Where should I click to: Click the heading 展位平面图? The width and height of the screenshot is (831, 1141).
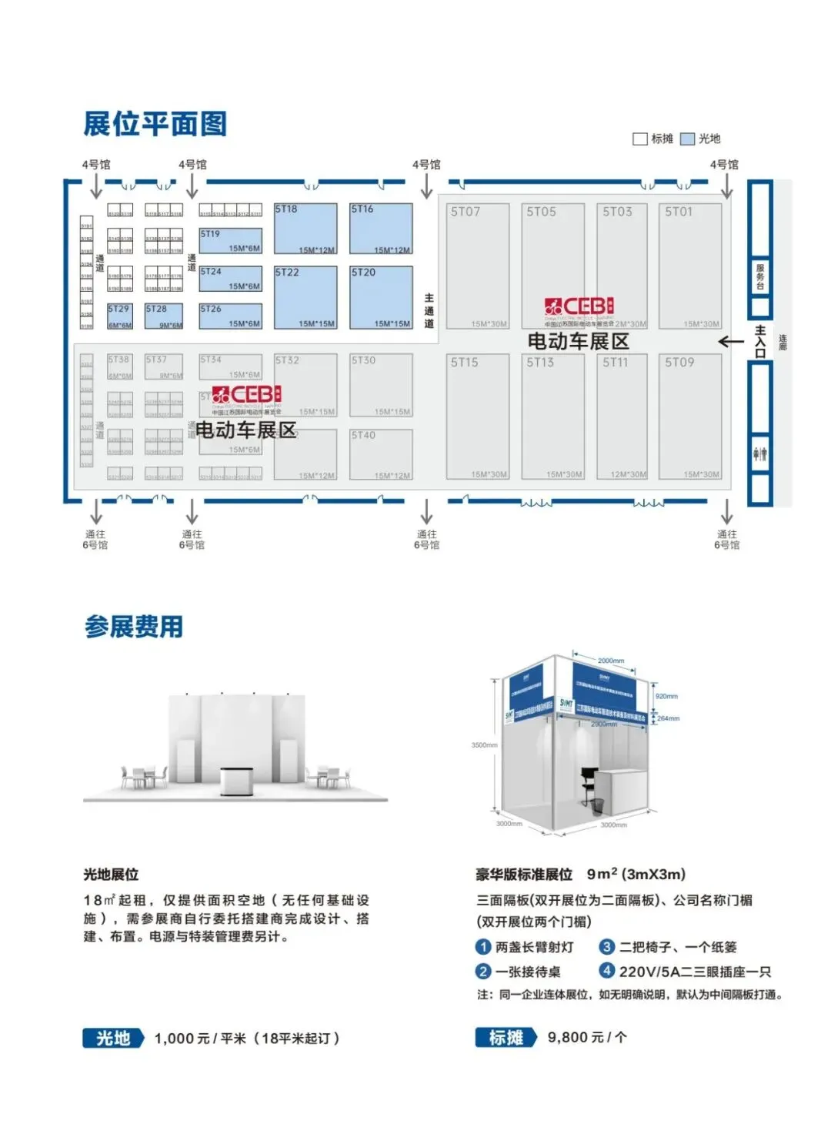(x=155, y=124)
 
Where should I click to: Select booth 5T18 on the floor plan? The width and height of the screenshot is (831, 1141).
(x=305, y=229)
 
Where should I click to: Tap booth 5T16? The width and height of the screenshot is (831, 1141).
(x=381, y=229)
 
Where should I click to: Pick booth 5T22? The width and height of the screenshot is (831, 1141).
(x=305, y=297)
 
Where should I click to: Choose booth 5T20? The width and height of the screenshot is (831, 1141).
(x=381, y=297)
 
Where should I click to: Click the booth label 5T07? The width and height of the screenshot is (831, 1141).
(x=466, y=212)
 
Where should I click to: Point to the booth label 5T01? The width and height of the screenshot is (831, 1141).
(x=679, y=212)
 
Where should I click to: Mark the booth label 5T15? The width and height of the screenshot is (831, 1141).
(x=465, y=362)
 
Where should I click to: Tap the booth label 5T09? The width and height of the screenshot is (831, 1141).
(x=679, y=362)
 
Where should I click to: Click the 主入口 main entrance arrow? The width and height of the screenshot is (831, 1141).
(x=730, y=341)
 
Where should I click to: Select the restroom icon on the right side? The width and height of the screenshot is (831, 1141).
(x=760, y=453)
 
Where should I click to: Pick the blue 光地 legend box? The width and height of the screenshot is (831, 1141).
(x=687, y=139)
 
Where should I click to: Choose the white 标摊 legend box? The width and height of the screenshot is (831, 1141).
(x=639, y=139)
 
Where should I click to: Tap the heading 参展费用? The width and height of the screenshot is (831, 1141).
(x=134, y=627)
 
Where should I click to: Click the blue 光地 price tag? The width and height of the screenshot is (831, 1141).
(x=113, y=1038)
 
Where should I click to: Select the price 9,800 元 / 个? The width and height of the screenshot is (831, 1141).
(x=587, y=1038)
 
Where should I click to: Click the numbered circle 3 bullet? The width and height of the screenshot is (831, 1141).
(x=607, y=947)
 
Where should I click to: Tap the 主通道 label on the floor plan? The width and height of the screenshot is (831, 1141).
(x=429, y=310)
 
